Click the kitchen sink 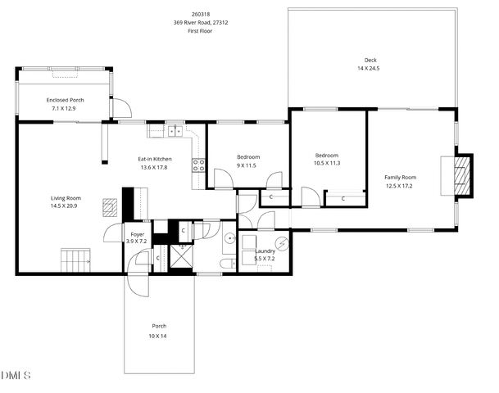point(175,129)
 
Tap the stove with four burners point(198,166)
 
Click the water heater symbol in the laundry point(281,242)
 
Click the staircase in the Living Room point(75,260)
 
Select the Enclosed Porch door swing point(120,107)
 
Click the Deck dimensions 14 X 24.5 point(368,69)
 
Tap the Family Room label point(401,177)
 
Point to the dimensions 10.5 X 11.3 point(327,163)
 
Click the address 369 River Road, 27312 point(202,23)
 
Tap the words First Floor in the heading point(202,31)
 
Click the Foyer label point(138,234)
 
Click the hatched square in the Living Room point(109,206)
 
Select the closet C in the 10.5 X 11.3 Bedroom point(342,197)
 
